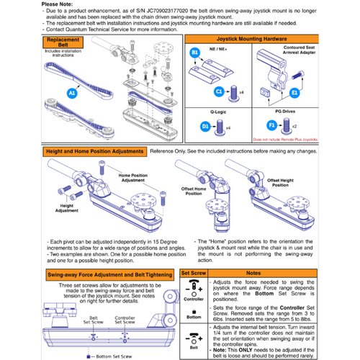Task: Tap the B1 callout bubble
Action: [193, 53]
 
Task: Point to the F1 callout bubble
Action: [291, 125]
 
